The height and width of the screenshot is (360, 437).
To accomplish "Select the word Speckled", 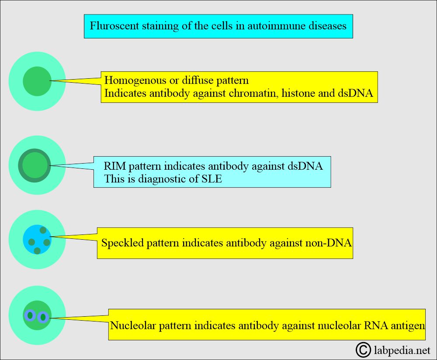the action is click(x=122, y=243).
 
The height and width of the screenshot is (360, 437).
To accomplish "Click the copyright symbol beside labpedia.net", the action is click(x=363, y=350).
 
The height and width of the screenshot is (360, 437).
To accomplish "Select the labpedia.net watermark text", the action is click(x=402, y=350).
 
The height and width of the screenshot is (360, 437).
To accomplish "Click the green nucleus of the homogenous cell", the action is click(x=37, y=81).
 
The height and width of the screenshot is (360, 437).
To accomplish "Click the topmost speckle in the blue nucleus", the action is click(x=43, y=230).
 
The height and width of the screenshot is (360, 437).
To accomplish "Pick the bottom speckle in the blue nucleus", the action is click(x=37, y=251).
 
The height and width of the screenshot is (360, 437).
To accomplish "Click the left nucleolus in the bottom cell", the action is click(x=30, y=315).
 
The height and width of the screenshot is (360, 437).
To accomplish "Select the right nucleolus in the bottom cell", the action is click(x=43, y=317).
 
